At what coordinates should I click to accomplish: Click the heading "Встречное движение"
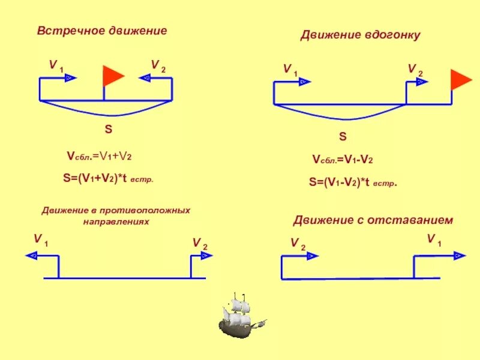102,31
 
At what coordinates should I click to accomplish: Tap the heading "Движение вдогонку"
360,35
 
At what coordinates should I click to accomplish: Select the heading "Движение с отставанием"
373,220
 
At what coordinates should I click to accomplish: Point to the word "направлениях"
116,221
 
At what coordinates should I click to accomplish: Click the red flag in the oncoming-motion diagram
113,76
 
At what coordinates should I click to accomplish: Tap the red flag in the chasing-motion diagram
461,79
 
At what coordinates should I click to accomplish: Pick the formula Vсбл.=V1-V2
343,160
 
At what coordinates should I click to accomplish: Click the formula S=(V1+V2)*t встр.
109,178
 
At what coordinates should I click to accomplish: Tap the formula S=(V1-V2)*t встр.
353,182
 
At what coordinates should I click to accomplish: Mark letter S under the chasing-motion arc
343,137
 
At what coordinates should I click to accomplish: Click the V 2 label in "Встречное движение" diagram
158,65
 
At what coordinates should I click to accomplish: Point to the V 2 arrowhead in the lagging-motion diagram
311,256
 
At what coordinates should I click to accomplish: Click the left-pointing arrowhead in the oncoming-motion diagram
144,77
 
